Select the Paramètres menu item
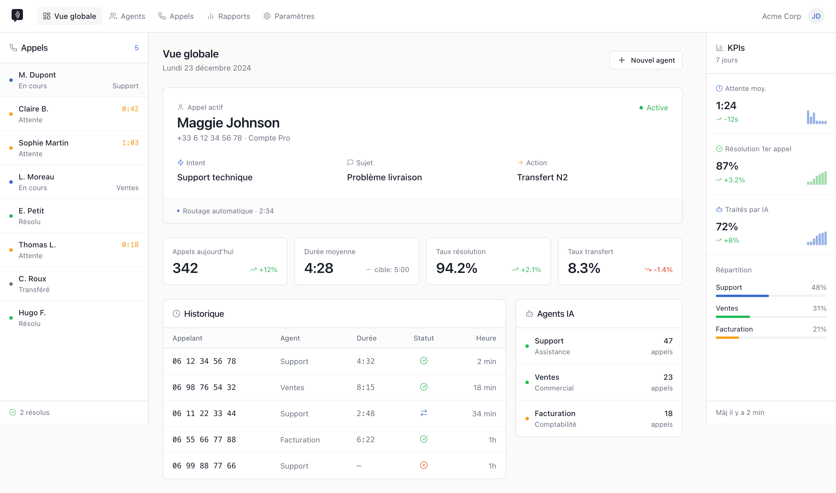point(289,16)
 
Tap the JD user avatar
point(816,16)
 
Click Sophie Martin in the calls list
point(44,143)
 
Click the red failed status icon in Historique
point(424,465)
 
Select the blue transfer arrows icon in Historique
point(424,413)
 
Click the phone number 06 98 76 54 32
point(204,387)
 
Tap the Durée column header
point(366,338)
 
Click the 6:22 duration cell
point(365,440)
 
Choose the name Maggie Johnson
point(228,123)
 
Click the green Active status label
point(657,108)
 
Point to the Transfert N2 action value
point(542,177)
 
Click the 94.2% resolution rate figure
point(456,268)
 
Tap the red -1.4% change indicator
point(663,270)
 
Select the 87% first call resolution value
point(727,166)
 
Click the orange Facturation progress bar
point(727,338)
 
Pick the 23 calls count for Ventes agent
point(668,377)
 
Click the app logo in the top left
point(17,15)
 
